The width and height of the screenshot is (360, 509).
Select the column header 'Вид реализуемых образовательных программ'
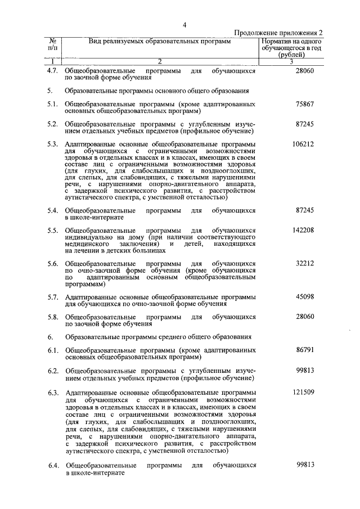click(x=159, y=42)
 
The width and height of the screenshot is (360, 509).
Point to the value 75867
click(x=304, y=105)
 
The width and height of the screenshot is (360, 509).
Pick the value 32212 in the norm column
click(x=304, y=263)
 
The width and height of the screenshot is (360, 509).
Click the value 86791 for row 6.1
click(x=304, y=350)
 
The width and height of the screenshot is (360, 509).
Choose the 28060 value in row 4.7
click(x=304, y=71)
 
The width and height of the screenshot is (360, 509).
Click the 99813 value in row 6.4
click(x=304, y=465)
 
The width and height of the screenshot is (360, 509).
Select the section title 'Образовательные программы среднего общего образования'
click(x=157, y=337)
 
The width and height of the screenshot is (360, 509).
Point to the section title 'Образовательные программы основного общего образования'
click(x=157, y=91)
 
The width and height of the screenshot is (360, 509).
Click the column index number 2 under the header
click(x=159, y=61)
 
